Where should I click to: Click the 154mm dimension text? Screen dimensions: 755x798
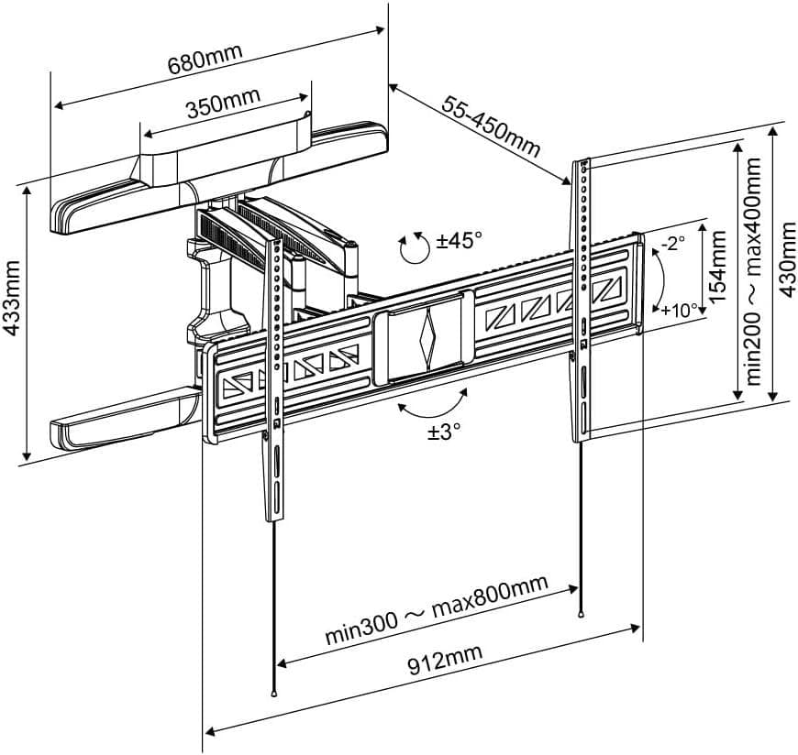click(x=719, y=268)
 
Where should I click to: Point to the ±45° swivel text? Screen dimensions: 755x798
click(x=459, y=241)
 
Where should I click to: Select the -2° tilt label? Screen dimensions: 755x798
click(x=673, y=243)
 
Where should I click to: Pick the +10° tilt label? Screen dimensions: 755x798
click(x=680, y=309)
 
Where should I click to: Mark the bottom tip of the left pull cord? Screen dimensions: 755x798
click(x=273, y=694)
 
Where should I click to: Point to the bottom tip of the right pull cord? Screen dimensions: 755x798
click(x=581, y=615)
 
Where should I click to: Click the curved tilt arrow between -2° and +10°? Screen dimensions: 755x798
click(x=658, y=278)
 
